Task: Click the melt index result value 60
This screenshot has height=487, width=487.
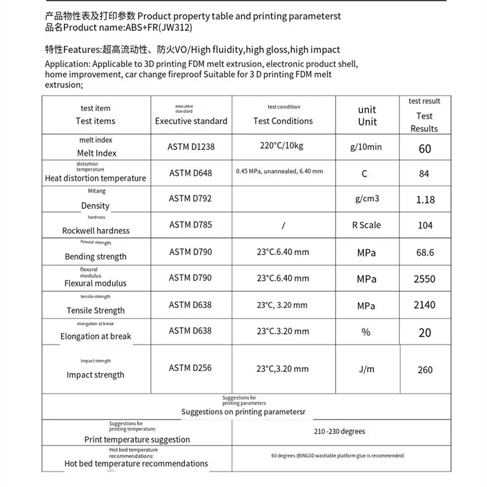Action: [424, 149]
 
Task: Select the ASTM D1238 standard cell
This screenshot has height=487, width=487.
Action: [191, 147]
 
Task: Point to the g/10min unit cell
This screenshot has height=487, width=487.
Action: [366, 147]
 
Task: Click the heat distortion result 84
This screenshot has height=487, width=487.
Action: [424, 174]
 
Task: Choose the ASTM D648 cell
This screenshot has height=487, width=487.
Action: [191, 173]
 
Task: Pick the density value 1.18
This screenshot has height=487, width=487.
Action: [424, 199]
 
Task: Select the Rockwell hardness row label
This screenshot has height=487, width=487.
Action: [96, 231]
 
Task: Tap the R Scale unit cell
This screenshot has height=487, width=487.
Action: [366, 225]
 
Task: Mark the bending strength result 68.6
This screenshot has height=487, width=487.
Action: [424, 252]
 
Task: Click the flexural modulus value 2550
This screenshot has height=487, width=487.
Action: [424, 279]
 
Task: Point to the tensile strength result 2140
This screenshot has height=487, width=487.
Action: [424, 305]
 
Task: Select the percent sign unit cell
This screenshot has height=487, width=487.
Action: [366, 332]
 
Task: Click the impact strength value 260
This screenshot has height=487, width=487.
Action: [424, 370]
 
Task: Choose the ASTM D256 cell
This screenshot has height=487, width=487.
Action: [191, 368]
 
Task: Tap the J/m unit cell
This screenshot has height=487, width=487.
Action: [366, 369]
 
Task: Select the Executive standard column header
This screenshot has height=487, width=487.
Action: [191, 121]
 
